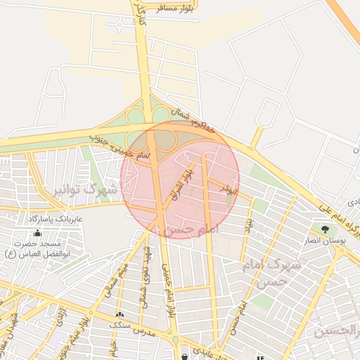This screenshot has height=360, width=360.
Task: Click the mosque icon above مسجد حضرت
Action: pos(37,233)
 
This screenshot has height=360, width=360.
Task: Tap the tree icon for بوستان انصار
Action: pos(324,229)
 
